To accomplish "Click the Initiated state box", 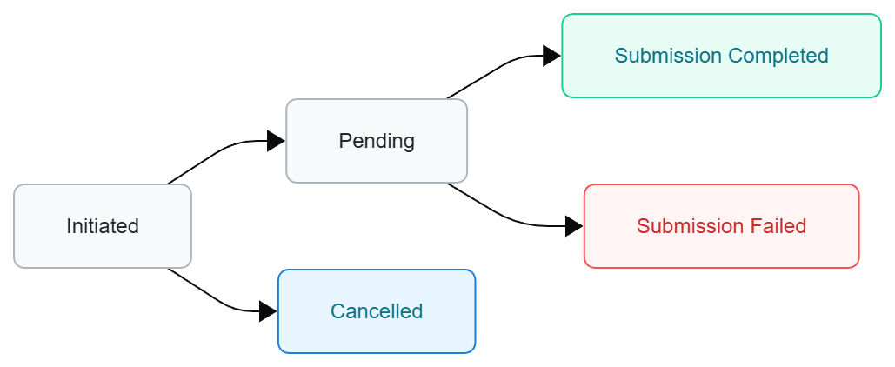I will [103, 226].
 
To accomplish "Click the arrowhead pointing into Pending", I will [277, 141].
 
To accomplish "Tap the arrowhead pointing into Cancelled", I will [268, 311].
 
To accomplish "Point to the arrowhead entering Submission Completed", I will [551, 56].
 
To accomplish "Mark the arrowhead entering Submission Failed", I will [574, 226].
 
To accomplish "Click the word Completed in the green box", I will [778, 56].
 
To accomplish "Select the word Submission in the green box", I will [668, 56].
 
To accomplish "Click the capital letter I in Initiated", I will [69, 226].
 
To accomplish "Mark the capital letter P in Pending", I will [344, 141].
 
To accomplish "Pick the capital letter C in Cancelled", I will [337, 311].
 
